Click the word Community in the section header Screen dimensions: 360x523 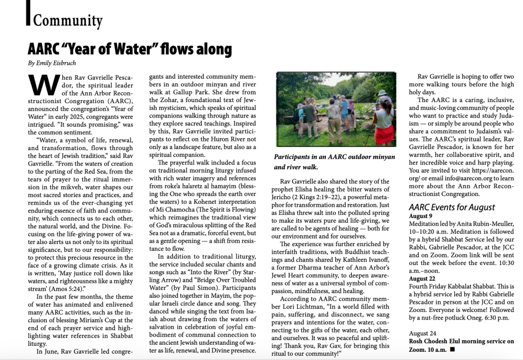tap(67, 21)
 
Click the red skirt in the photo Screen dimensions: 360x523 tap(385, 133)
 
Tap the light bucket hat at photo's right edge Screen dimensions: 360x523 tap(382, 93)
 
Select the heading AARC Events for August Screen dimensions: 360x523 tap(451, 207)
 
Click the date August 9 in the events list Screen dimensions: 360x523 tap(421, 215)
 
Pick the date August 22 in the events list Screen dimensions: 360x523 tap(423, 278)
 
